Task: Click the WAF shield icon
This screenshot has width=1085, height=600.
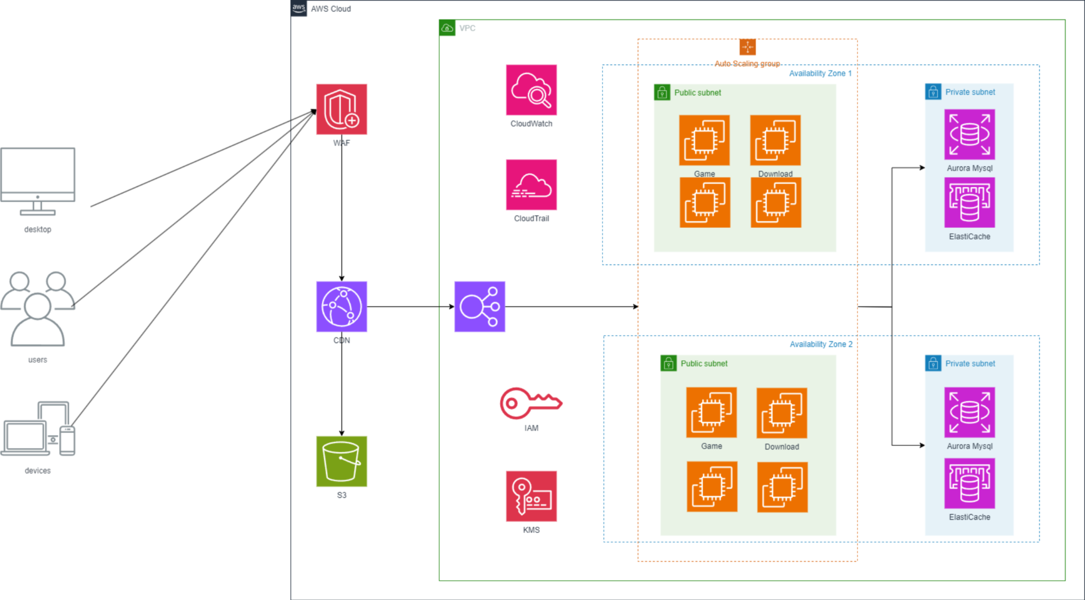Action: point(342,109)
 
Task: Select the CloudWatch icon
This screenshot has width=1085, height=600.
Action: point(531,90)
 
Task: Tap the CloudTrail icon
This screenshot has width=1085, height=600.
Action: point(531,185)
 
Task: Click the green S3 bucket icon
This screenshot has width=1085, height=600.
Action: point(342,461)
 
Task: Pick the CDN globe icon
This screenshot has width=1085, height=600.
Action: point(342,307)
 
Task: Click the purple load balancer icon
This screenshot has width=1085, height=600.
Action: point(480,307)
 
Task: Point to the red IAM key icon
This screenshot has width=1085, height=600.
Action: point(531,403)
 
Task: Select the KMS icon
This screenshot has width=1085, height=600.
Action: point(531,496)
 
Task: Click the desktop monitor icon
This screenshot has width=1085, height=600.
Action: point(38,181)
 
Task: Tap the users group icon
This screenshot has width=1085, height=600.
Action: point(38,309)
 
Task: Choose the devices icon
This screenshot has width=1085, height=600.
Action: point(38,428)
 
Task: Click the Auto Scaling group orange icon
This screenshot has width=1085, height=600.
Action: point(747,47)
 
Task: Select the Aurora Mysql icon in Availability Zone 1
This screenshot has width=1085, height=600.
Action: point(970,135)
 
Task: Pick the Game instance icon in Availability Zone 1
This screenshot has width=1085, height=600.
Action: point(704,140)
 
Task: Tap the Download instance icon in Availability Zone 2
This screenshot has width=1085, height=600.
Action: point(782,413)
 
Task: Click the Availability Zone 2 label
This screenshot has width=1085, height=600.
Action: point(821,344)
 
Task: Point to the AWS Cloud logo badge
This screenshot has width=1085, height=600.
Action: point(299,8)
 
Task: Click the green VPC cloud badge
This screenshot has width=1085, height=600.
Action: point(447,28)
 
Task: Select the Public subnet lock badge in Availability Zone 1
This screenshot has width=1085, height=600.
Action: point(662,92)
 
